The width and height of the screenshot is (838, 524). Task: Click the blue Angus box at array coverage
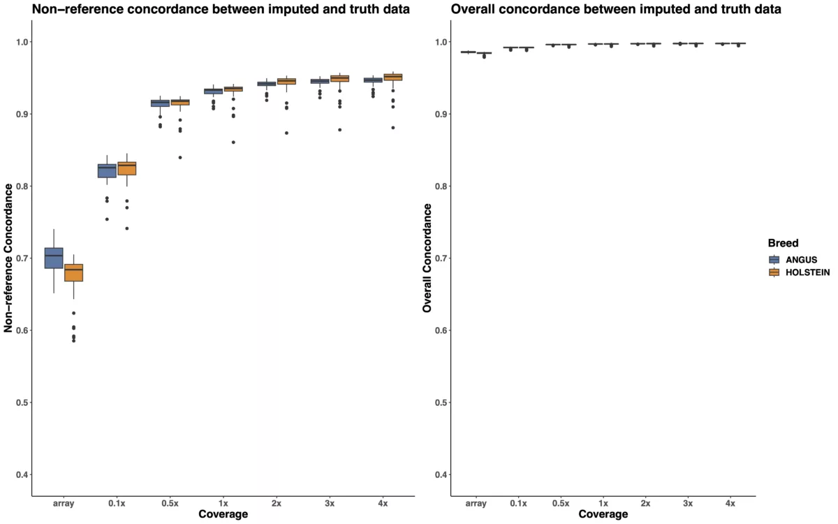point(54,258)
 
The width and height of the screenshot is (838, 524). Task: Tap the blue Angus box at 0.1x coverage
point(107,170)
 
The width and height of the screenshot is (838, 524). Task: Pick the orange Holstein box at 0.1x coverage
point(126,168)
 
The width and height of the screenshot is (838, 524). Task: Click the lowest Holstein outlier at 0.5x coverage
point(180,157)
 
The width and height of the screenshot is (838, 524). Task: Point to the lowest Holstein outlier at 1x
point(233,143)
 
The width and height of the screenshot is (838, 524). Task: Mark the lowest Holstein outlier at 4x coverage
point(393,127)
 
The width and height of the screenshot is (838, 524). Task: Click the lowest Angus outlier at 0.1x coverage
point(107,219)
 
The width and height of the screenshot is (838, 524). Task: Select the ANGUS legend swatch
point(773,259)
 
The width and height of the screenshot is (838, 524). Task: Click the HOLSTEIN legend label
point(808,272)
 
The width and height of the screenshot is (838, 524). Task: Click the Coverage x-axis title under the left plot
point(223,515)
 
